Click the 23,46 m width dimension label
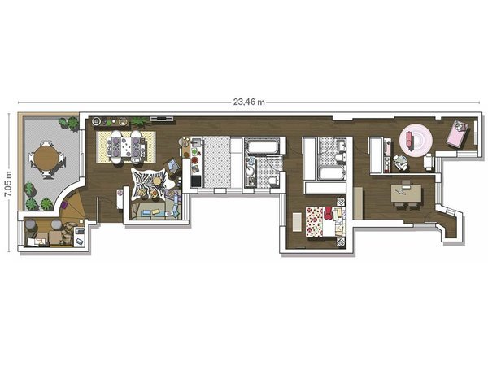pos(249,102)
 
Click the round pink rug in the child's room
pos(416,139)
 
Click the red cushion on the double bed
pos(328,213)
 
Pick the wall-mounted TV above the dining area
pos(161,118)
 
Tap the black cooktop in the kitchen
pos(196,181)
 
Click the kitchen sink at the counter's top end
pos(197,143)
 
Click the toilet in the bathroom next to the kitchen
pos(273,181)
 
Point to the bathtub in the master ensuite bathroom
pos(332,172)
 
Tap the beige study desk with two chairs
pos(406,194)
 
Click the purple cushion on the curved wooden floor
pos(64,205)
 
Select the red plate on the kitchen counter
pos(195,160)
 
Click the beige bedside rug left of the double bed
pos(297,221)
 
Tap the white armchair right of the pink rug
pos(429,162)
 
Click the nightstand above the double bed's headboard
pos(341,201)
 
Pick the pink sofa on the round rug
pos(408,137)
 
